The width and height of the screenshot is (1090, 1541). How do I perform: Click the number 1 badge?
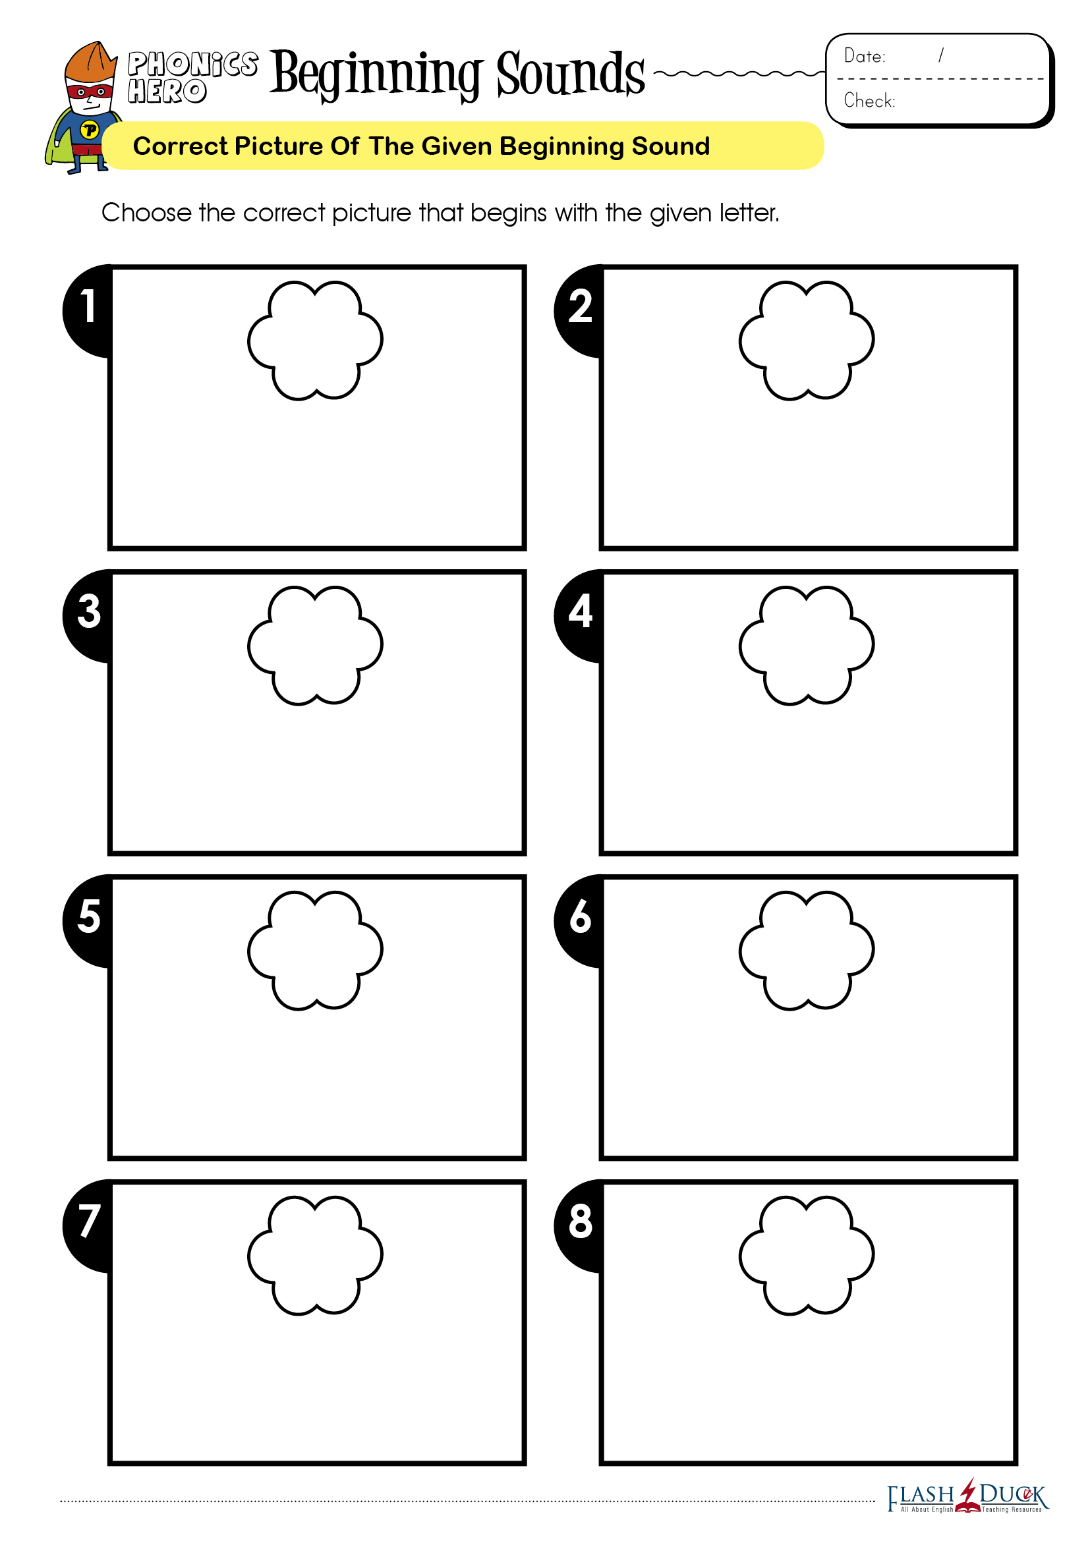[x=86, y=310]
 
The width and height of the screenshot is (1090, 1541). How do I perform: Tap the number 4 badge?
[x=578, y=615]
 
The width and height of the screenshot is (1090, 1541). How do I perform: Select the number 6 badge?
[x=578, y=920]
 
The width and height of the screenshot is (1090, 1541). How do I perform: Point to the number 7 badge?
[x=86, y=1225]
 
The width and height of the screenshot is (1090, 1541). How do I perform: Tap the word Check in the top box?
[x=869, y=101]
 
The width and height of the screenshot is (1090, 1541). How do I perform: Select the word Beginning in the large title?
[x=376, y=75]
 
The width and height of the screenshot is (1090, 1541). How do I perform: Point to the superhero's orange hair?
[x=90, y=61]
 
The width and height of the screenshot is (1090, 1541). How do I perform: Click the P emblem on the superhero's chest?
[x=89, y=130]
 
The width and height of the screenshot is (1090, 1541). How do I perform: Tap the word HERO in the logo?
[x=167, y=92]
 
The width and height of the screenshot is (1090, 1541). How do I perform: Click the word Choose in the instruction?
[x=146, y=213]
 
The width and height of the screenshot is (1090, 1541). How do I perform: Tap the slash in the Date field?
[x=941, y=55]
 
